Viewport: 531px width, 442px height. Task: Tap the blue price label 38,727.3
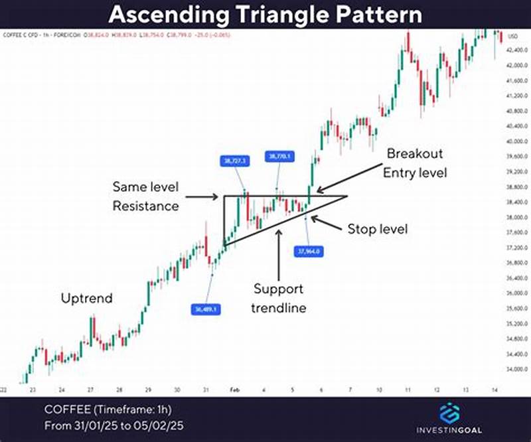(233, 160)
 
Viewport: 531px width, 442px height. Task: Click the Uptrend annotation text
(87, 298)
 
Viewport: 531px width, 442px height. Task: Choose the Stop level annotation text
(377, 230)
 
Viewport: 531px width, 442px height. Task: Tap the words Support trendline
(279, 298)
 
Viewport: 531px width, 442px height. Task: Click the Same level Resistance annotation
(145, 196)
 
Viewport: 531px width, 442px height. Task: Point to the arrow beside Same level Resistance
(201, 196)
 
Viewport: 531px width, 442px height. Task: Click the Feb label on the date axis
(234, 390)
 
